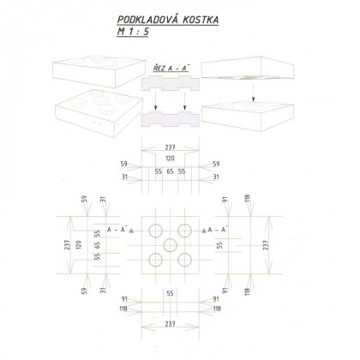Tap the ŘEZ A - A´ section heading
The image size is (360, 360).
[x=171, y=65]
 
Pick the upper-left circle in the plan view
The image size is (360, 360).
[x=156, y=229]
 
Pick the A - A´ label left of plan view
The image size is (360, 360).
[x=114, y=231]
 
